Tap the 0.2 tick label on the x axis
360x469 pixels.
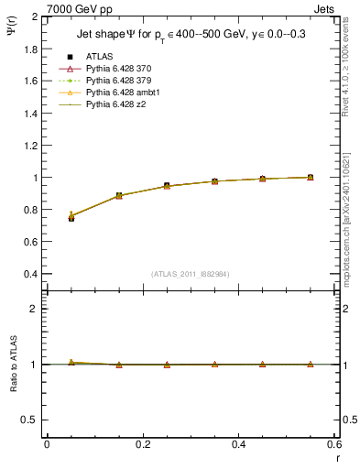coord(143,444)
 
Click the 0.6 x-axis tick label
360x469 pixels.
coord(334,444)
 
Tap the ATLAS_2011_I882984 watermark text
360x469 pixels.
coord(190,274)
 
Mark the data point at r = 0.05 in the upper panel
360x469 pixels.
coord(71,218)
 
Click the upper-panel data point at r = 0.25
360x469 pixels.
coord(167,186)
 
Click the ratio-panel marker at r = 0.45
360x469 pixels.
coord(262,365)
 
